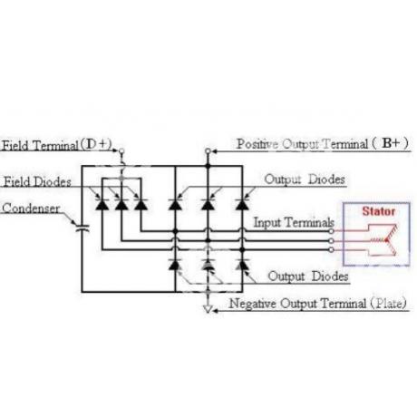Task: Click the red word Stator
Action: [x=379, y=211]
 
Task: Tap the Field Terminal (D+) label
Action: [x=57, y=145]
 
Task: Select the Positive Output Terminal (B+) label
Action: [x=323, y=143]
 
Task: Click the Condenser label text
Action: [x=31, y=208]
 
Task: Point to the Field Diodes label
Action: [x=37, y=182]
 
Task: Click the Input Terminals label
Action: [x=294, y=222]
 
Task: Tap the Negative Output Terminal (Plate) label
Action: [x=318, y=303]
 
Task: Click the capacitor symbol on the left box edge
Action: [x=82, y=228]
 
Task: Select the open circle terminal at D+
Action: [x=121, y=150]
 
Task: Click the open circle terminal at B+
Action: [x=208, y=150]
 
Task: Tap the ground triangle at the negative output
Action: [x=208, y=309]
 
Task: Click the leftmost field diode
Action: [x=102, y=205]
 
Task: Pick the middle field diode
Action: [x=121, y=205]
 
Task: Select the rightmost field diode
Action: [x=141, y=205]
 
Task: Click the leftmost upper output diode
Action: [x=175, y=205]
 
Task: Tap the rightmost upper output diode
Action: [x=242, y=205]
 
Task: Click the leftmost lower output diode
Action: [x=175, y=265]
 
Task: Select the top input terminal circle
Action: [x=331, y=231]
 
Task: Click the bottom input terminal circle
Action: [x=331, y=250]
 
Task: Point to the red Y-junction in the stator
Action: [x=386, y=240]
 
